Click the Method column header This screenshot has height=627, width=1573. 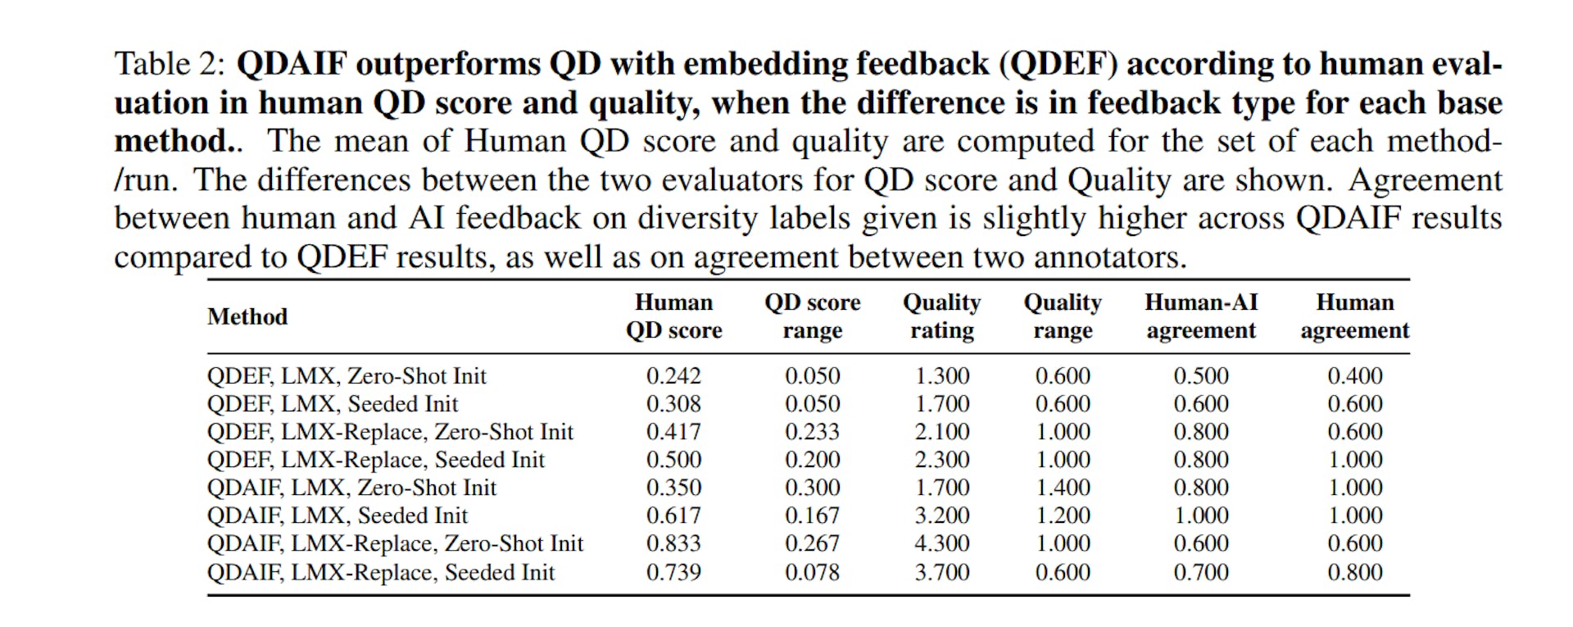tap(247, 316)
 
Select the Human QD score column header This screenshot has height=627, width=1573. tap(673, 316)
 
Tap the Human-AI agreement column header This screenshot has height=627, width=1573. tap(1200, 316)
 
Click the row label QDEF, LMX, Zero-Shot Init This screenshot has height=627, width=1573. tap(347, 376)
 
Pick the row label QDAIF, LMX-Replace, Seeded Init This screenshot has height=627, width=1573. tap(381, 572)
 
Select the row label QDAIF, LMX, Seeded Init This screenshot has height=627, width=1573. tap(337, 516)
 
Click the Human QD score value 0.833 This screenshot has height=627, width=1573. tap(673, 543)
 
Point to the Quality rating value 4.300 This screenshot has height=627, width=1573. tap(941, 543)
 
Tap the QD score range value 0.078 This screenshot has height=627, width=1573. tap(812, 572)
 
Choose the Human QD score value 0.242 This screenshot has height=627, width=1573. tap(673, 376)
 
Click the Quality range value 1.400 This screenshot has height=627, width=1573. tap(1063, 488)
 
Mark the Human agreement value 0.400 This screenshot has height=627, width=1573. tap(1354, 376)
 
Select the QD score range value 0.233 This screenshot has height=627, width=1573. tap(812, 432)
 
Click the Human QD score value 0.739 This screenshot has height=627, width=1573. tap(673, 572)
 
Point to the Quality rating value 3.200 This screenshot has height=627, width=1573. tap(941, 516)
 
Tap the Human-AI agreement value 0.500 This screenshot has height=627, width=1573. tap(1200, 376)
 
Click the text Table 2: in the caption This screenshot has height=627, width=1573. tap(169, 64)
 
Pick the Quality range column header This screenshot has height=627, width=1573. tap(1063, 316)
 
